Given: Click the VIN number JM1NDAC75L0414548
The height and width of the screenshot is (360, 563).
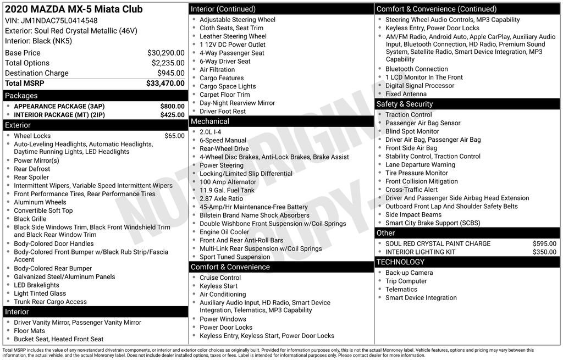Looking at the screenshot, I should coord(59,20).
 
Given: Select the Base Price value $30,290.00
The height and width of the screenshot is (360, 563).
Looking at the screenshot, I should coord(165,53).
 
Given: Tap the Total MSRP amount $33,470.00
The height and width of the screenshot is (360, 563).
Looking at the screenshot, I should coord(165,83).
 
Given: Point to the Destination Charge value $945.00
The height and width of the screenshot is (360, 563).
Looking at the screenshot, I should coord(170,73).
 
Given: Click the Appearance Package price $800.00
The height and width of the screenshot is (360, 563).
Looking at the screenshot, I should coord(172,106).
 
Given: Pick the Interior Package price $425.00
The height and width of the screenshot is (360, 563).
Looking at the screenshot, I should coord(172,115).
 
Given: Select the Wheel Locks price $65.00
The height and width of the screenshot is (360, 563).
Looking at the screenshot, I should coord(174,136).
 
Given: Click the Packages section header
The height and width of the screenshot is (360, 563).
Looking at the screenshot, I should coord(21,96).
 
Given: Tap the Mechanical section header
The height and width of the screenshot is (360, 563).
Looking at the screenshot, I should coord(209,121).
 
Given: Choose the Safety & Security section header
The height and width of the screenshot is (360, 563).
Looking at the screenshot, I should coord(404,104).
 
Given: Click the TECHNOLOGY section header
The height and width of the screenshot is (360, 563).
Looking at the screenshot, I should coord(400,262).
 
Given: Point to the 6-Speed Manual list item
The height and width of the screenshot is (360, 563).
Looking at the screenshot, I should coord(223,140).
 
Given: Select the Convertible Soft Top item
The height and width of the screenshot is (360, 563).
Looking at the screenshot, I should coord(43,211).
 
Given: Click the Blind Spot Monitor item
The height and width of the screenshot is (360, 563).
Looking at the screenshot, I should coord(412,131).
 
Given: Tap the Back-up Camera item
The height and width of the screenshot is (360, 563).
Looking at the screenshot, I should coord(409,273).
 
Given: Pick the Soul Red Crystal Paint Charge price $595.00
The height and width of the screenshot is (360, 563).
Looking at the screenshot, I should coord(544,243).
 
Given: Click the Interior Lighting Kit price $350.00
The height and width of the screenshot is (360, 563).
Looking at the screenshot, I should coord(544,252).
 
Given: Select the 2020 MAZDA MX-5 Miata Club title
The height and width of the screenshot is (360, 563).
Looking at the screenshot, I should coord(74,9).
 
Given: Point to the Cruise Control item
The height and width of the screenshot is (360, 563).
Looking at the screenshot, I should coord(220,278).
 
